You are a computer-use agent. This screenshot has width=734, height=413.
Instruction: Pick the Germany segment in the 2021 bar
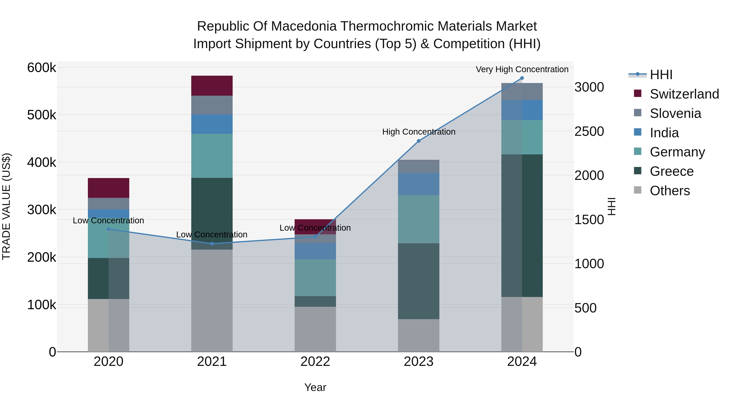point(212,156)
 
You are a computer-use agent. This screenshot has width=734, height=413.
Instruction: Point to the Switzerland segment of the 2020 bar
point(108,188)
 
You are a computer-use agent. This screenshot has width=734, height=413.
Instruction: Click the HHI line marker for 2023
point(418,141)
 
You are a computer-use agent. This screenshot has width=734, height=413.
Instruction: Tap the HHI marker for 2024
point(522,78)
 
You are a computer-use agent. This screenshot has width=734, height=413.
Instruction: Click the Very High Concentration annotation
point(522,69)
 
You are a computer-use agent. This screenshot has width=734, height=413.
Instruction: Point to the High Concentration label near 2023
point(418,132)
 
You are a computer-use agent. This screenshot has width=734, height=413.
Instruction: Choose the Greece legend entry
point(671,171)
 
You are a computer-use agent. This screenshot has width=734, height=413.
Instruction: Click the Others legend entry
point(670,191)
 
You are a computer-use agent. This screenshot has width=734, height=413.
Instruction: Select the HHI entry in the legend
point(661,75)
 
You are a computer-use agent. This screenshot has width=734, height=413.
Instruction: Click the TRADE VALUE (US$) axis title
point(6,206)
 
